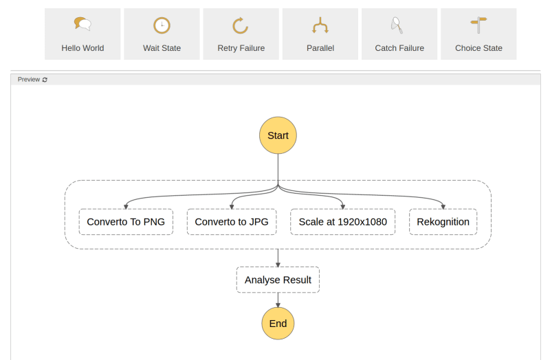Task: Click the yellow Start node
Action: tap(278, 135)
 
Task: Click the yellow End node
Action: tap(278, 323)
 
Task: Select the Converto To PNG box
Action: tap(126, 222)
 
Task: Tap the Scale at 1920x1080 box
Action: tap(342, 222)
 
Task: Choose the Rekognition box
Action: tap(443, 222)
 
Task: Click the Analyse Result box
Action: tap(278, 280)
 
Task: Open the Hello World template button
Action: tap(82, 34)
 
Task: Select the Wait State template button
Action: tap(162, 34)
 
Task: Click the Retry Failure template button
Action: tap(241, 34)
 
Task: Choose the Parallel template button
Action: tap(320, 34)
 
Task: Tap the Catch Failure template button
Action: tap(399, 34)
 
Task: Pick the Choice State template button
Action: tap(478, 34)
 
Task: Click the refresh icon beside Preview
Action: tap(45, 80)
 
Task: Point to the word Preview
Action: tap(29, 80)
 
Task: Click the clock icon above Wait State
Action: tap(162, 25)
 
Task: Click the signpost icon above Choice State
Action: tap(478, 25)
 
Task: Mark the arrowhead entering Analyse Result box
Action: tap(278, 264)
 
